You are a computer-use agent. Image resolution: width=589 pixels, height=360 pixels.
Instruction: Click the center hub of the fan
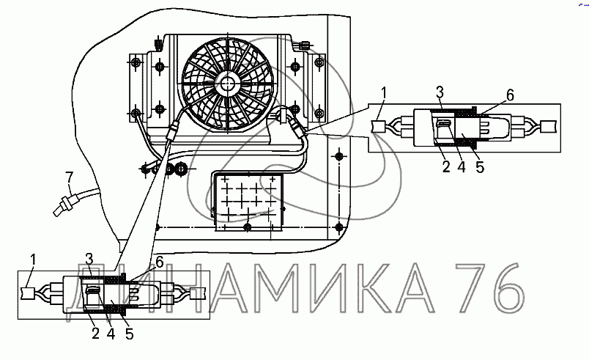tap(227, 83)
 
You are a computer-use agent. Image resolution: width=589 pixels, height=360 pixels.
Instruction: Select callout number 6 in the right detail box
tap(510, 95)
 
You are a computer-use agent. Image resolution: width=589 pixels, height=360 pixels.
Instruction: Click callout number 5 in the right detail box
tap(480, 167)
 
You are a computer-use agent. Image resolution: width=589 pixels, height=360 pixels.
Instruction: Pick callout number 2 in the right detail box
tap(446, 167)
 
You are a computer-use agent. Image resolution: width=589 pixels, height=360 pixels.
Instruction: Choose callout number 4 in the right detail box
tap(462, 167)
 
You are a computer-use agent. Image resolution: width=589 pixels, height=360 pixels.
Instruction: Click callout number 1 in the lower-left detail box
tap(33, 260)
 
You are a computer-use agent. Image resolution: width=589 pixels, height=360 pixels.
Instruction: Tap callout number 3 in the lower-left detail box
tap(89, 259)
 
